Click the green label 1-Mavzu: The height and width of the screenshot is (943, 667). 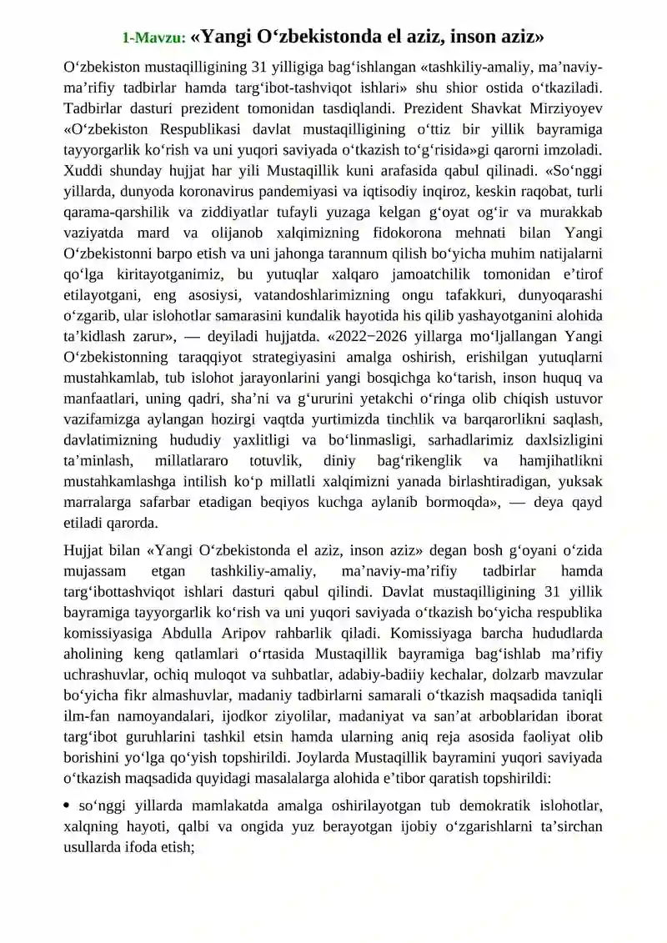(x=153, y=38)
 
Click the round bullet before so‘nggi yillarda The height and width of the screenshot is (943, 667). (x=67, y=806)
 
